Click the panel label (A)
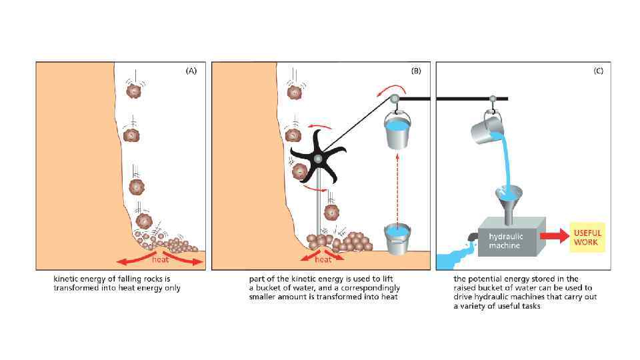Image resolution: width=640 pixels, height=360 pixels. point(191,71)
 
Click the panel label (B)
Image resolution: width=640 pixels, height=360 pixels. point(416,71)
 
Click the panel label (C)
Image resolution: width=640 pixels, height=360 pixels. point(598,71)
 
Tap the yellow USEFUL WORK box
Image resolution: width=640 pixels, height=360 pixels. point(587,237)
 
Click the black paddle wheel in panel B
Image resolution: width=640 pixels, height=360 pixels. point(318,159)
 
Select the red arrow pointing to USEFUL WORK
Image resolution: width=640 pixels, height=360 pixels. point(553,237)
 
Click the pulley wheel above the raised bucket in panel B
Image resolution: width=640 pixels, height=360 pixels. point(395,99)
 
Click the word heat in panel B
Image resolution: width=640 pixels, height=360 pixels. point(323,260)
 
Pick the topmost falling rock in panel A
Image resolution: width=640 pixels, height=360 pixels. point(135,89)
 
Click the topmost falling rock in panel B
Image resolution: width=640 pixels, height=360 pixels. point(294,91)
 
